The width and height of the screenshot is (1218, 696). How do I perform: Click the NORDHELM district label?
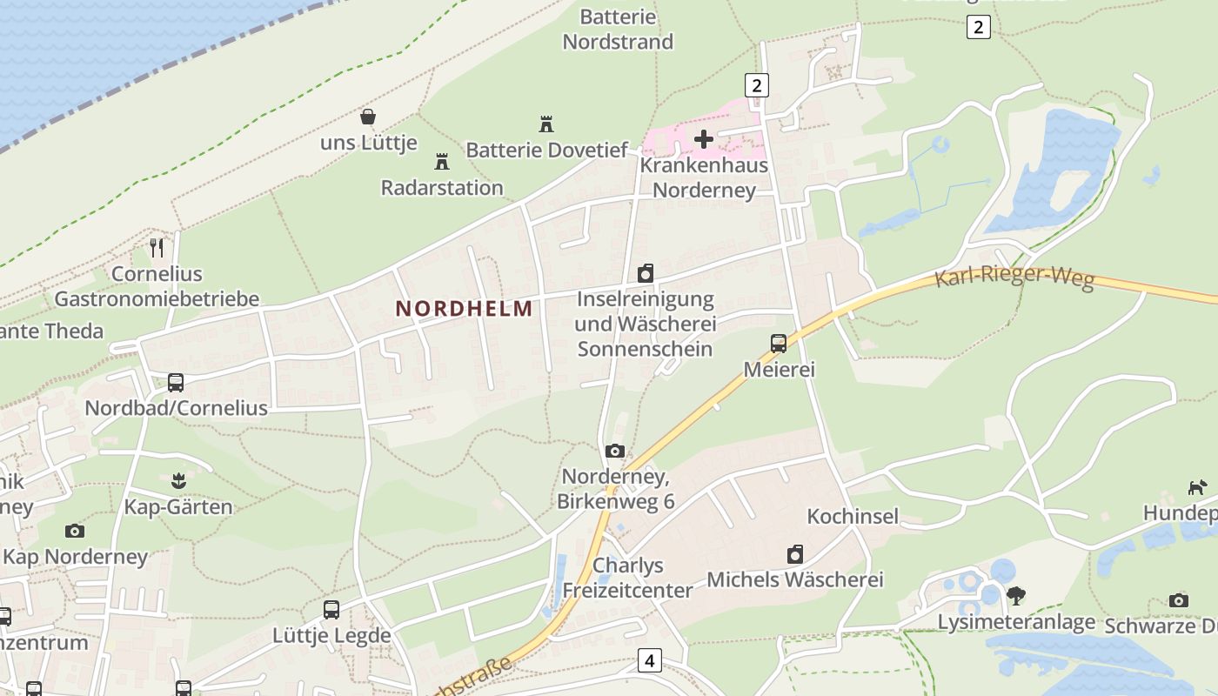pos(464,308)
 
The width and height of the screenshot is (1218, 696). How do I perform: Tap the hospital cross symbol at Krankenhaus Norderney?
pos(704,138)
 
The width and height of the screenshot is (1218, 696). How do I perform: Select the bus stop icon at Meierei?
pos(779,343)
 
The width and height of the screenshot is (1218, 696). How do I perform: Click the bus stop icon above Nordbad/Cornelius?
pos(176,382)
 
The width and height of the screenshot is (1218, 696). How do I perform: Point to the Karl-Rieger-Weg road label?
pos(1014,278)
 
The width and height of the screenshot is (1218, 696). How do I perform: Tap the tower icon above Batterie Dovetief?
pos(546,124)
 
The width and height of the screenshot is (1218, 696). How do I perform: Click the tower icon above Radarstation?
pos(442,162)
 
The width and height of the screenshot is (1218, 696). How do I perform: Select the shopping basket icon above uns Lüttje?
pos(368,117)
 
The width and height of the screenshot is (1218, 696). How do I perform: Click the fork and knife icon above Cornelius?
pos(157,248)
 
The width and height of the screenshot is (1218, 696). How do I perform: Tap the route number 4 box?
pos(649,660)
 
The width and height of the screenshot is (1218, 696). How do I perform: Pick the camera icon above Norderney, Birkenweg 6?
pos(615,451)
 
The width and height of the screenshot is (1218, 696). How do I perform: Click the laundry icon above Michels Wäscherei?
pos(795,554)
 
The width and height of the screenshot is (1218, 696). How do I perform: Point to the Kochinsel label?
pos(853,516)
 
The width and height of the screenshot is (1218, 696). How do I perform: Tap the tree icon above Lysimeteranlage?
pos(1015,596)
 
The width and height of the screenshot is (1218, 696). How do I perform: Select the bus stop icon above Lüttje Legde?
pos(331,610)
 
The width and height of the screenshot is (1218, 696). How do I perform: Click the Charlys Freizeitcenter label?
pos(627,578)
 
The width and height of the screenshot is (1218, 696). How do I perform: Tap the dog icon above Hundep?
pos(1198,487)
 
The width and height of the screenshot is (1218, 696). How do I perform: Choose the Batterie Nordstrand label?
pos(618,29)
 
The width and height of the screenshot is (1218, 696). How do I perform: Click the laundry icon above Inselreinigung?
pos(646,274)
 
